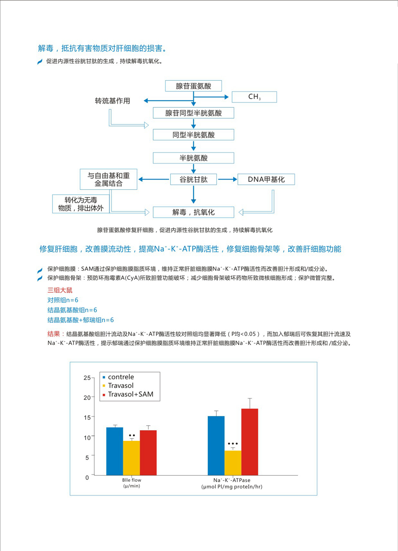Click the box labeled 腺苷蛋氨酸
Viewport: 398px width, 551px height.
point(193,86)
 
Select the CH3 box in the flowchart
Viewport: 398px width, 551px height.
point(254,97)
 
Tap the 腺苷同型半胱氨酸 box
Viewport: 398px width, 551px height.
point(193,113)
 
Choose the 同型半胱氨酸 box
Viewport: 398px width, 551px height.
point(193,135)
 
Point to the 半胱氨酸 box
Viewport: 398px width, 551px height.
point(193,158)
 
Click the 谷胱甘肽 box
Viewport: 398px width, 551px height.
point(193,179)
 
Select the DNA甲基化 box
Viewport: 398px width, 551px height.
point(266,179)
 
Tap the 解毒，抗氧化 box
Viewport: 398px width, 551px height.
point(193,212)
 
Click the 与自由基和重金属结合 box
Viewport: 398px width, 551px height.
point(108,179)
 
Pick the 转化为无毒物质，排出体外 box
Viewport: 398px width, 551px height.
point(81,204)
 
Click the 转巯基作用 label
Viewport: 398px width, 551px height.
point(112,101)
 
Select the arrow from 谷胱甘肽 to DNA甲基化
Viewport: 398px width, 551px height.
point(227,179)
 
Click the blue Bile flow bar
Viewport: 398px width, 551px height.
point(115,451)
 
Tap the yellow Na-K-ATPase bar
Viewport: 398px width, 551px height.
point(233,463)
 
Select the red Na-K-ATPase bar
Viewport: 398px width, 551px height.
point(250,442)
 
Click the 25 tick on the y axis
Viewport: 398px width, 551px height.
point(87,378)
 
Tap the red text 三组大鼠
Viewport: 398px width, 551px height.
point(60,290)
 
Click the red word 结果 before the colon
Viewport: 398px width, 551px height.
point(54,334)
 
